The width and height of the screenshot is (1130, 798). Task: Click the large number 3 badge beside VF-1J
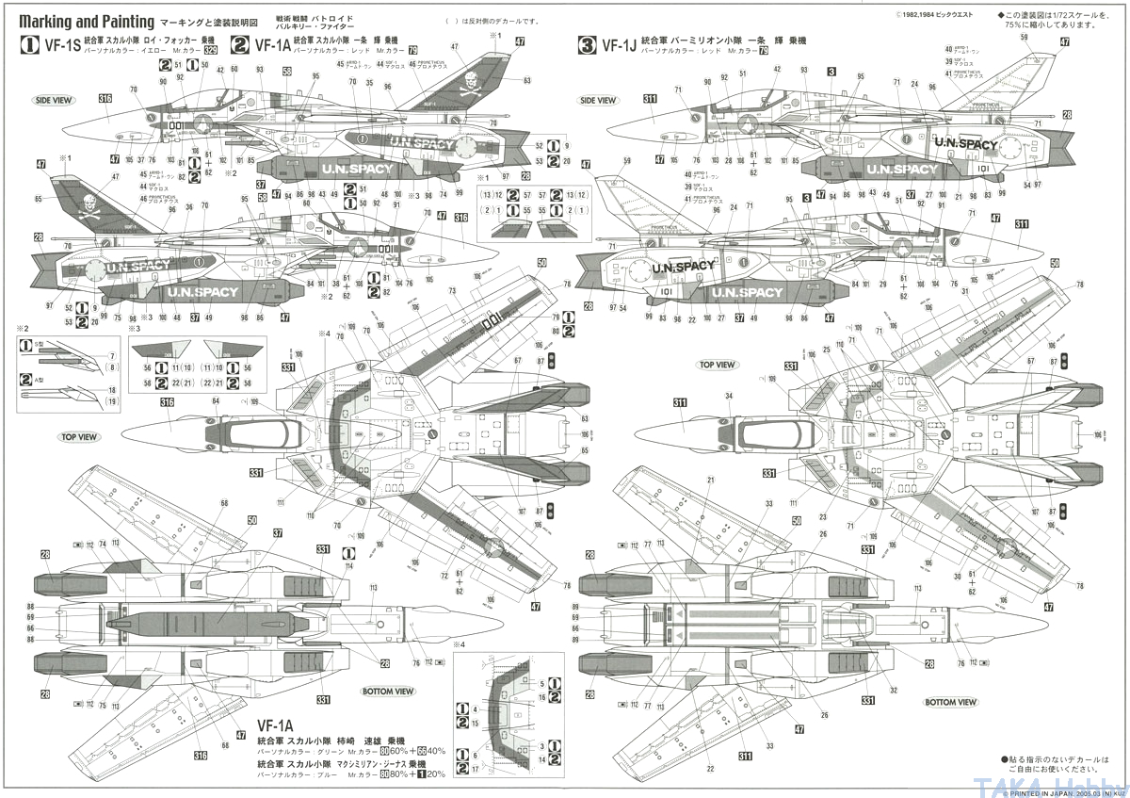tap(588, 44)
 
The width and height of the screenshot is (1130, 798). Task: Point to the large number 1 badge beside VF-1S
tap(29, 44)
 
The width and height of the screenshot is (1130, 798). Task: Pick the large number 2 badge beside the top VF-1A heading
tap(240, 44)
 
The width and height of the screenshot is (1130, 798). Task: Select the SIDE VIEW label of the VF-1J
tap(598, 100)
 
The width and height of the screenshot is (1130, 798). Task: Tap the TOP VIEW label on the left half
tap(79, 437)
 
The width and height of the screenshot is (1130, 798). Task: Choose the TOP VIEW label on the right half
tap(717, 364)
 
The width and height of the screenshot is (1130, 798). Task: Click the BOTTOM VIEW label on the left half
tap(388, 691)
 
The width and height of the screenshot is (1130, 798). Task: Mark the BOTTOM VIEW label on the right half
tap(951, 702)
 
